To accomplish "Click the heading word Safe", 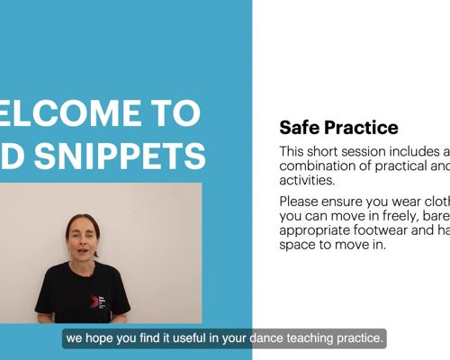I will click(x=299, y=128).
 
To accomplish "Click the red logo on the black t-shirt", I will click(x=94, y=301).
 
